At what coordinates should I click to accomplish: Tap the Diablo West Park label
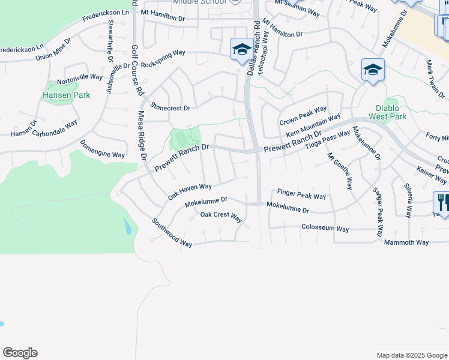(x=391, y=112)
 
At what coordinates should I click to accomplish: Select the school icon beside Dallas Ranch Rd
(x=242, y=49)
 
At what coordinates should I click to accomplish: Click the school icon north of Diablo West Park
(x=373, y=70)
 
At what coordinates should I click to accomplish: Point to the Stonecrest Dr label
(x=170, y=108)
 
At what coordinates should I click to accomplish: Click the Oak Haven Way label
(x=190, y=192)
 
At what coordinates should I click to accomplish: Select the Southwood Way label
(x=172, y=232)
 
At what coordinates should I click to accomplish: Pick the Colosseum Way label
(x=325, y=229)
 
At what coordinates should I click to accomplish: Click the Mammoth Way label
(x=406, y=242)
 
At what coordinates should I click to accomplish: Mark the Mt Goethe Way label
(x=339, y=172)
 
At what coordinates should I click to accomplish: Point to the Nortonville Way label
(x=80, y=79)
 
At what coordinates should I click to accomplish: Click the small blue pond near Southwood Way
(x=127, y=227)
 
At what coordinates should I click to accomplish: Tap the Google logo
(x=20, y=353)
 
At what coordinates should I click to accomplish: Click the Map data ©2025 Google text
(x=411, y=355)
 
